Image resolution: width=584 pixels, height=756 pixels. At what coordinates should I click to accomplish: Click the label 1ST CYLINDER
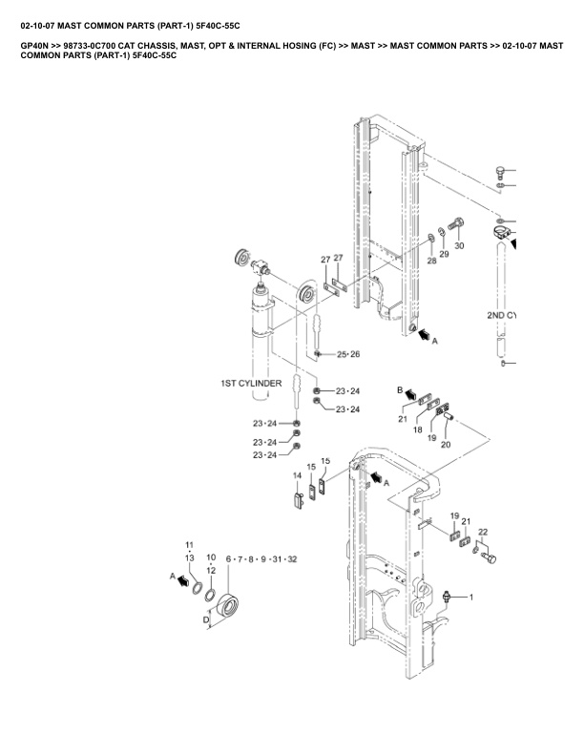(251, 383)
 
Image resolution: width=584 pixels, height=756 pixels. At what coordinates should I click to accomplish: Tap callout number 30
(459, 246)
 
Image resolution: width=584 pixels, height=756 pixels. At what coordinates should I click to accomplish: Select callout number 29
(444, 254)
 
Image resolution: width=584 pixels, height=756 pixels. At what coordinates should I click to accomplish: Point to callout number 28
(431, 260)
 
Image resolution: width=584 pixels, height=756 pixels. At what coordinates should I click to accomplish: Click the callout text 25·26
(348, 354)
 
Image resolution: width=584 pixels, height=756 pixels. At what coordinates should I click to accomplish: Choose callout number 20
(445, 445)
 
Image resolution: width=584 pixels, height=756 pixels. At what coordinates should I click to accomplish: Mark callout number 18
(417, 431)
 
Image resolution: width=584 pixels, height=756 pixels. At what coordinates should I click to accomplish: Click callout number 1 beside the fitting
(469, 597)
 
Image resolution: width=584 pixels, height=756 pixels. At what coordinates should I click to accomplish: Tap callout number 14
(298, 475)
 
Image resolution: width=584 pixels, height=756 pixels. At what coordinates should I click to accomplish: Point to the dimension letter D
(207, 619)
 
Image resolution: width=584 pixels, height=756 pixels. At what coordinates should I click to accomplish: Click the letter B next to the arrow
(401, 390)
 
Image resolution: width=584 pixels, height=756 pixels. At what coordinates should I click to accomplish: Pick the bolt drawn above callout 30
(455, 226)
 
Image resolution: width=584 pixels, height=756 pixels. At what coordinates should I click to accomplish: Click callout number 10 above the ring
(211, 556)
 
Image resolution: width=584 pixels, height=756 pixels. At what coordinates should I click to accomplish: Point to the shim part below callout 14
(297, 498)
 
